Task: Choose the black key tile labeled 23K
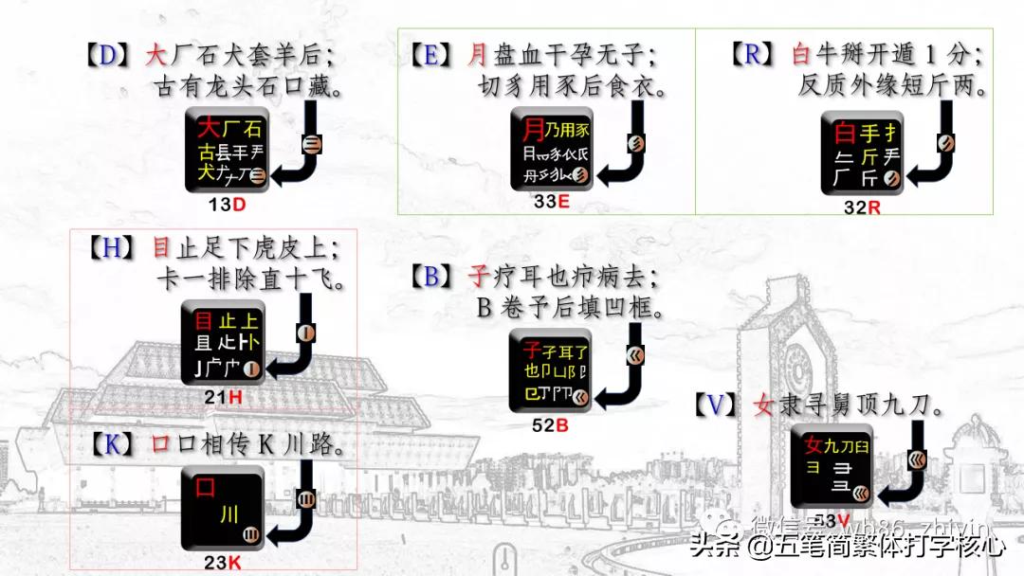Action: coord(223,508)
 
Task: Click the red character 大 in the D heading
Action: coord(156,55)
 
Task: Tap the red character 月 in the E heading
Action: coord(478,55)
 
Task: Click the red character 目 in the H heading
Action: coord(162,248)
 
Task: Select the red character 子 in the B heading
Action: coord(480,277)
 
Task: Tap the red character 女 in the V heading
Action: coord(763,405)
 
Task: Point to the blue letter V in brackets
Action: coord(720,405)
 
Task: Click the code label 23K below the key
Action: coord(223,562)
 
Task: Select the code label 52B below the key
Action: coord(549,425)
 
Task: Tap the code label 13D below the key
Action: coord(227,205)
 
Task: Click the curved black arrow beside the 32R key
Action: coord(934,152)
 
